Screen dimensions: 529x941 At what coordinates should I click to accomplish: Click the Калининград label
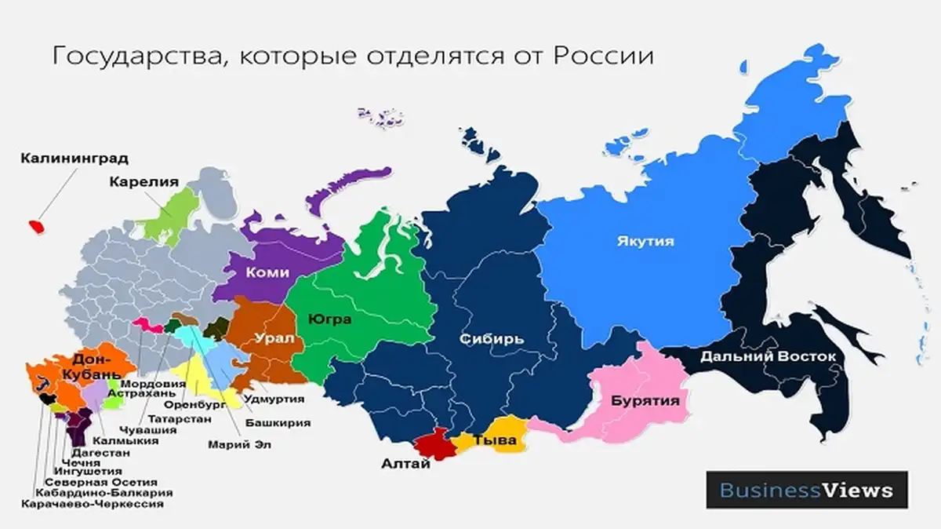74,159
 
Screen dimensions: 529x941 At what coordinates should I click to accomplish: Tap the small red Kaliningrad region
36,226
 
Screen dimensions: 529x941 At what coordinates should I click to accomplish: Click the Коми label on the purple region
267,272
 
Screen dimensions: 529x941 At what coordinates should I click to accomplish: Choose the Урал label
274,339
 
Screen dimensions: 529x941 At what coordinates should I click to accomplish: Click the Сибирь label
491,339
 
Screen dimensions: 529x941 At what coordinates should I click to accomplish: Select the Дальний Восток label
768,356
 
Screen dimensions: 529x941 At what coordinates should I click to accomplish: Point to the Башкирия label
278,422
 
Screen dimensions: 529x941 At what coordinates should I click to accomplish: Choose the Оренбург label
194,405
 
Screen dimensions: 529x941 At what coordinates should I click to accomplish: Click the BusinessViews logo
806,491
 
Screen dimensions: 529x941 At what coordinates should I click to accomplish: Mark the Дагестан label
100,452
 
